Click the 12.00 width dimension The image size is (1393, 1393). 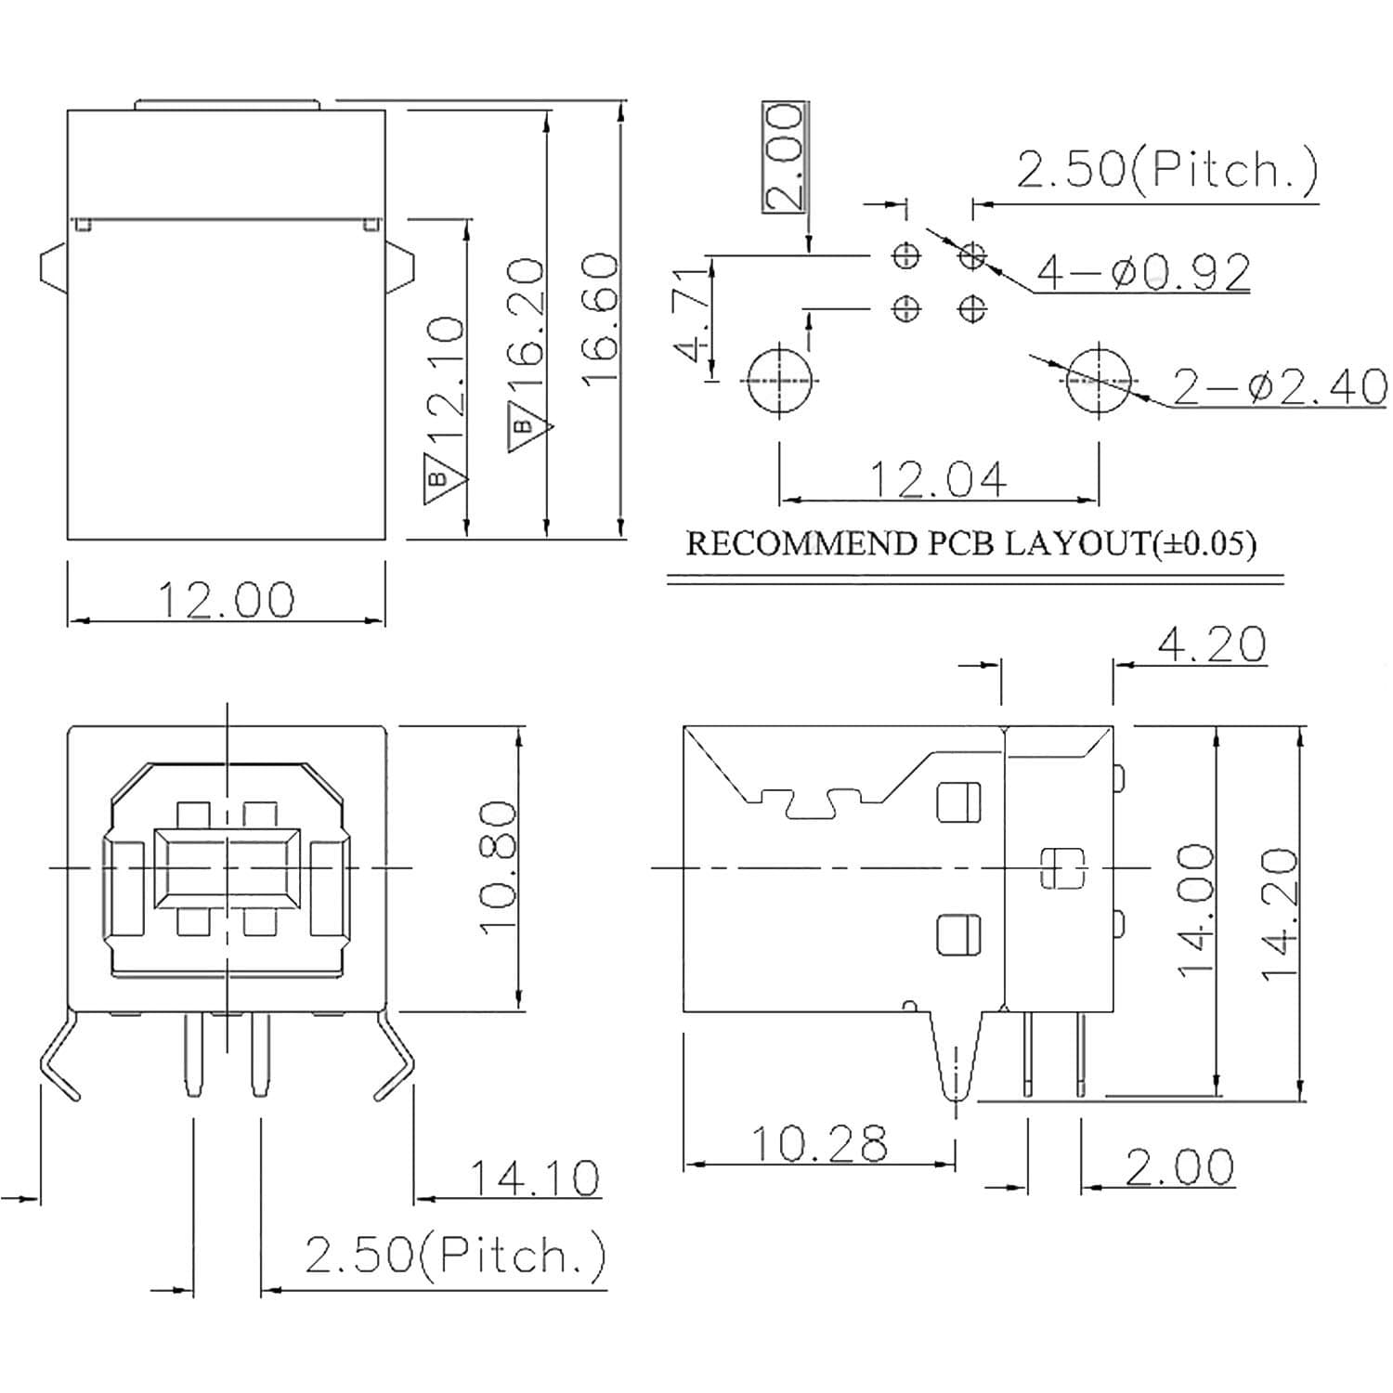click(226, 599)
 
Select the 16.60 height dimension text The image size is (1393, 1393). click(601, 319)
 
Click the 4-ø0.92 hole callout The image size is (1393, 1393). click(1143, 272)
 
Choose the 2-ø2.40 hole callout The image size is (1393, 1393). click(1279, 386)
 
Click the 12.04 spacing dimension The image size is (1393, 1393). click(938, 479)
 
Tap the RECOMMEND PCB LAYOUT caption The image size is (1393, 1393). click(970, 543)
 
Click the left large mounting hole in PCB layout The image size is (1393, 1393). click(779, 381)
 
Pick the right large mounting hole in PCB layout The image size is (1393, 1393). click(1099, 381)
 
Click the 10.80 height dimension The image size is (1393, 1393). click(499, 866)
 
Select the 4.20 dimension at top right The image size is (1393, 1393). click(1211, 644)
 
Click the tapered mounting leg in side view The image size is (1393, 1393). click(955, 1059)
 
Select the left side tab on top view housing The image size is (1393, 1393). click(53, 269)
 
